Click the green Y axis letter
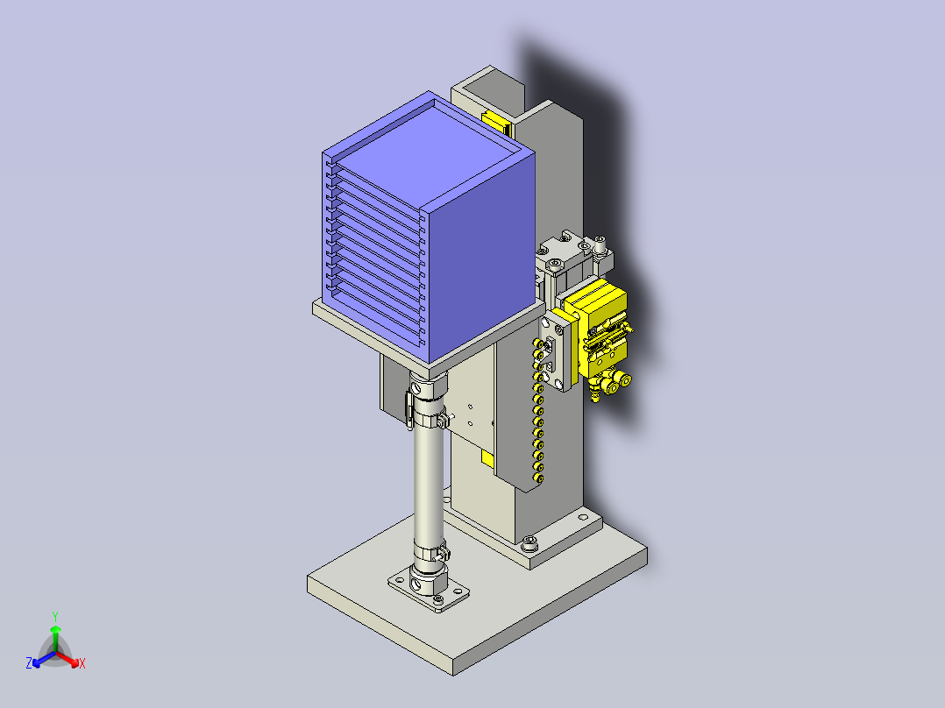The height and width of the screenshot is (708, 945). point(55,616)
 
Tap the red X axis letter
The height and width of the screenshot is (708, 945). point(82,663)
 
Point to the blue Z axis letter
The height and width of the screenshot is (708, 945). point(28,663)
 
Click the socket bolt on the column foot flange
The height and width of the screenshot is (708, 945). point(529,542)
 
